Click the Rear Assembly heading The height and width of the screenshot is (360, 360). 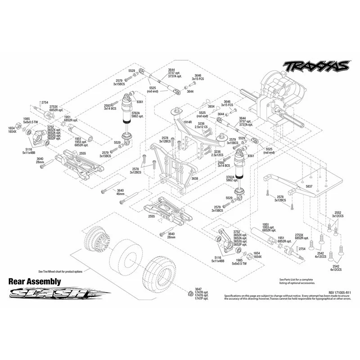point(35,281)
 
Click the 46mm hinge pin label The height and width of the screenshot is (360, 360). point(120,194)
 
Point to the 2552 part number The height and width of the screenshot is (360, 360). point(337,212)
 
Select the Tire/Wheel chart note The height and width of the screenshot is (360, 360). point(60,272)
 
